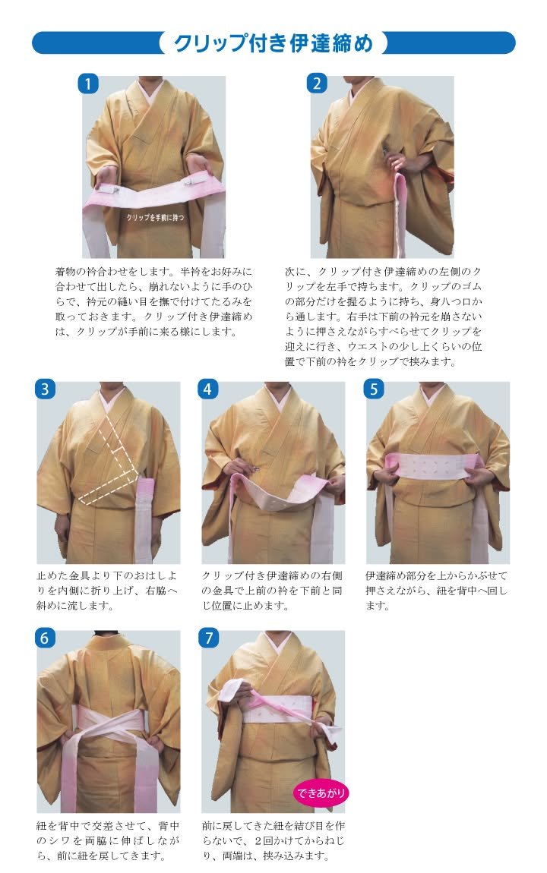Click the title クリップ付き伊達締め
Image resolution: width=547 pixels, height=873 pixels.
tap(273, 43)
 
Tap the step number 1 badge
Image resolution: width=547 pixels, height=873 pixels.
tap(87, 84)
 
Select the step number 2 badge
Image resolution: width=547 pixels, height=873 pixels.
tap(317, 84)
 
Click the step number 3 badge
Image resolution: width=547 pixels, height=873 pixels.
tap(45, 389)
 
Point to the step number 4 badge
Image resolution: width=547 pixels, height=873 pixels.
tap(207, 389)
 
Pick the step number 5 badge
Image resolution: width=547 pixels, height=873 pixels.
tap(374, 389)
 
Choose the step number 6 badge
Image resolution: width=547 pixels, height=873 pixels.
tap(45, 638)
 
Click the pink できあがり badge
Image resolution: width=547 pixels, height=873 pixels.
tap(321, 793)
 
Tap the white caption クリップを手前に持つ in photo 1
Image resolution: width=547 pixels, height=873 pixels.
tap(156, 217)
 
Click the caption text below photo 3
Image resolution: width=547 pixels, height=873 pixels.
tap(108, 590)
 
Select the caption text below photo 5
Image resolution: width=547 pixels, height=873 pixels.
tap(436, 590)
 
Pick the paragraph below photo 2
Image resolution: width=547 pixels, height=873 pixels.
tap(383, 317)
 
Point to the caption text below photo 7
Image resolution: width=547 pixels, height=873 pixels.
tap(273, 840)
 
